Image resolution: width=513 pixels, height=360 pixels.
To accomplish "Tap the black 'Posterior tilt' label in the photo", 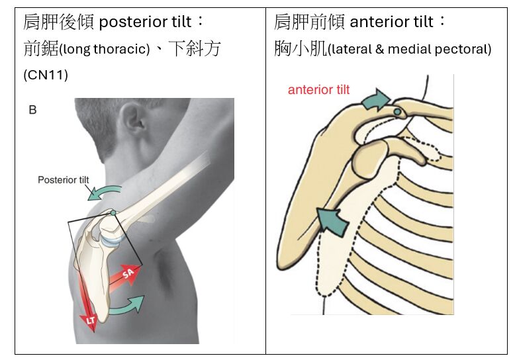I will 67,179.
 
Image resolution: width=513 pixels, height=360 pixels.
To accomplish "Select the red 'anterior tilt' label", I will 318,90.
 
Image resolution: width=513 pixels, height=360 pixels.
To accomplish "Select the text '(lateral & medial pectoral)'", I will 410,50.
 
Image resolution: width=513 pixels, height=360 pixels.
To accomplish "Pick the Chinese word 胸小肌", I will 301,49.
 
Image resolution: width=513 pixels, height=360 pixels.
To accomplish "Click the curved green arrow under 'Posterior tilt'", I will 105,193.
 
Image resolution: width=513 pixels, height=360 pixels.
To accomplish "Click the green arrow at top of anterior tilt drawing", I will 375,99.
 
